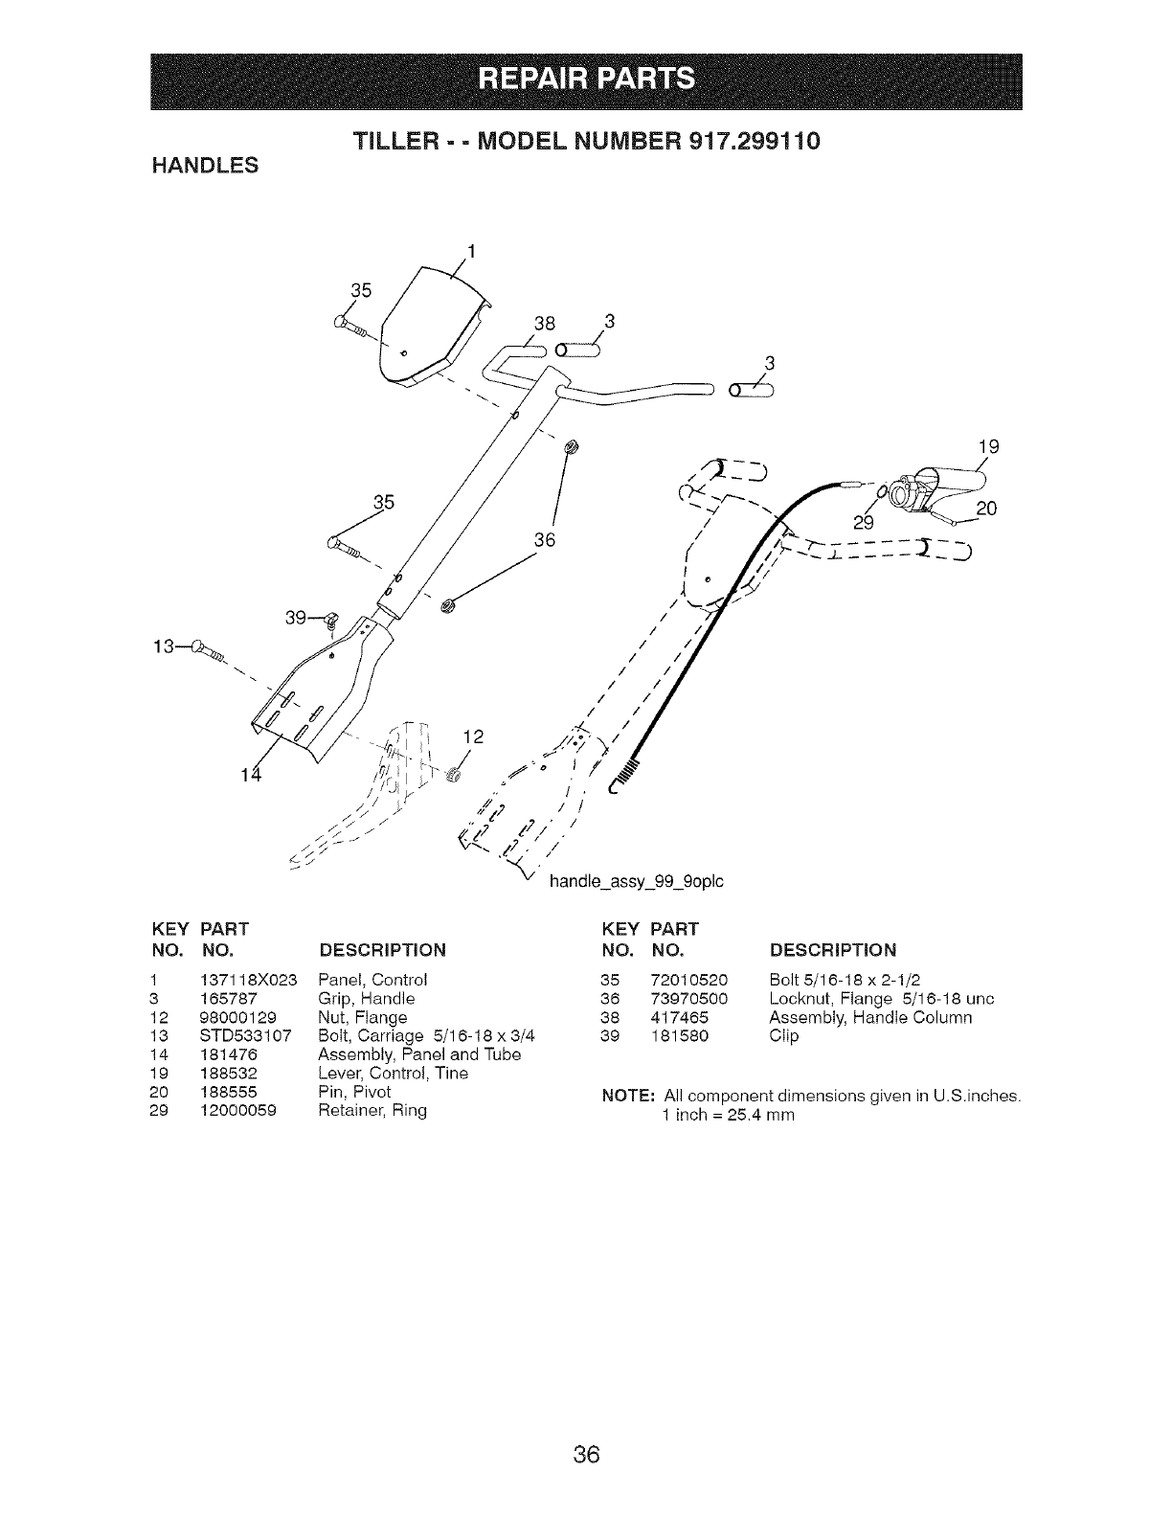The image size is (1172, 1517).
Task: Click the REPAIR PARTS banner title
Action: pos(586,78)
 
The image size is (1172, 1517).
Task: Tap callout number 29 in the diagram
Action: pos(864,522)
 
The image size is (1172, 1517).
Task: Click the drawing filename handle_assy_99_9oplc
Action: pos(635,880)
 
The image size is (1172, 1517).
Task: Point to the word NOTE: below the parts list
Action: pos(626,1095)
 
